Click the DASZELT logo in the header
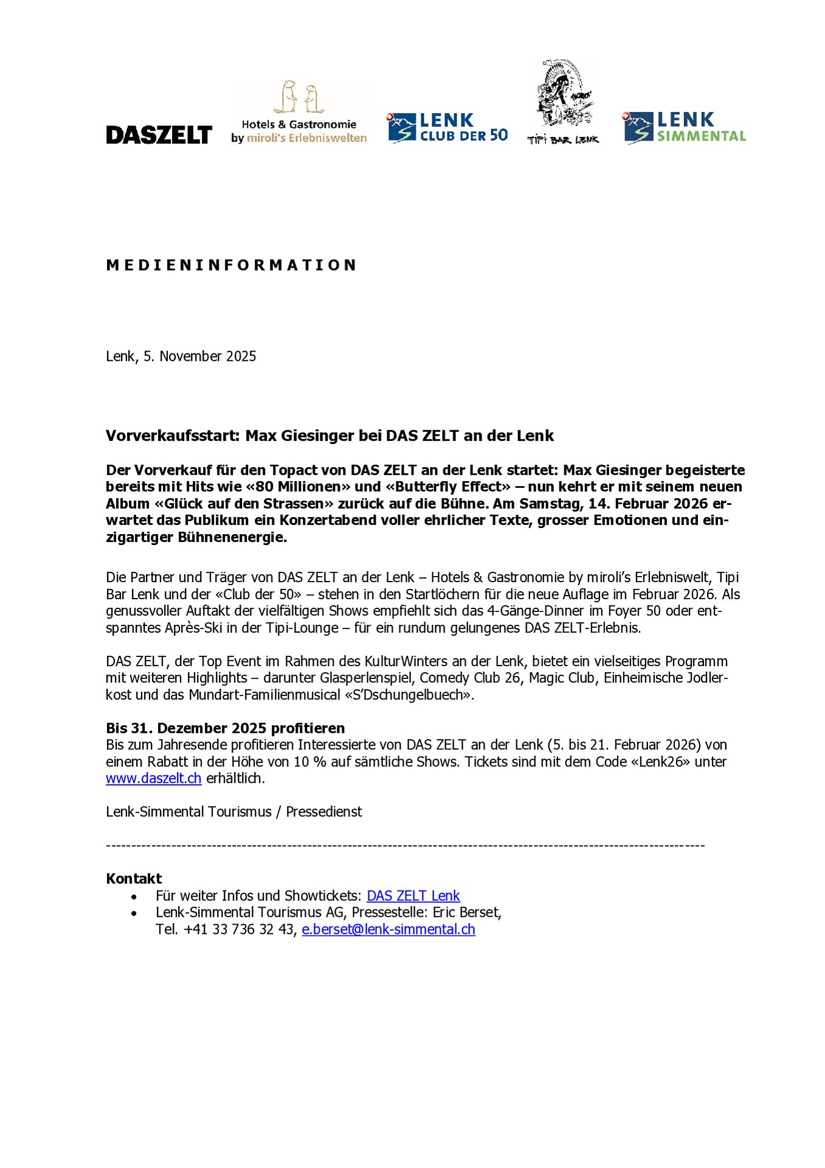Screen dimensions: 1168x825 pos(159,134)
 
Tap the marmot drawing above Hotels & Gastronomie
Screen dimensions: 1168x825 pos(299,97)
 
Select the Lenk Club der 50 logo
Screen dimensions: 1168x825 pos(447,128)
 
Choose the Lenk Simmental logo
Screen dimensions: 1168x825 pos(685,128)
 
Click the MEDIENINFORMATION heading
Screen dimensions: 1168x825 pos(231,265)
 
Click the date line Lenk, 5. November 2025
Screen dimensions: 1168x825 pos(181,356)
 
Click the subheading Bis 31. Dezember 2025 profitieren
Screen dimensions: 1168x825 pos(226,729)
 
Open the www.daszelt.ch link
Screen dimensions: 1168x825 pos(153,779)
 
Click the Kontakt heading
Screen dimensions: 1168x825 pos(134,879)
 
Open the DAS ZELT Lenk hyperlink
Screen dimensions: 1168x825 pos(413,896)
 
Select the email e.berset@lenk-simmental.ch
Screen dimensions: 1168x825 pos(388,930)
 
